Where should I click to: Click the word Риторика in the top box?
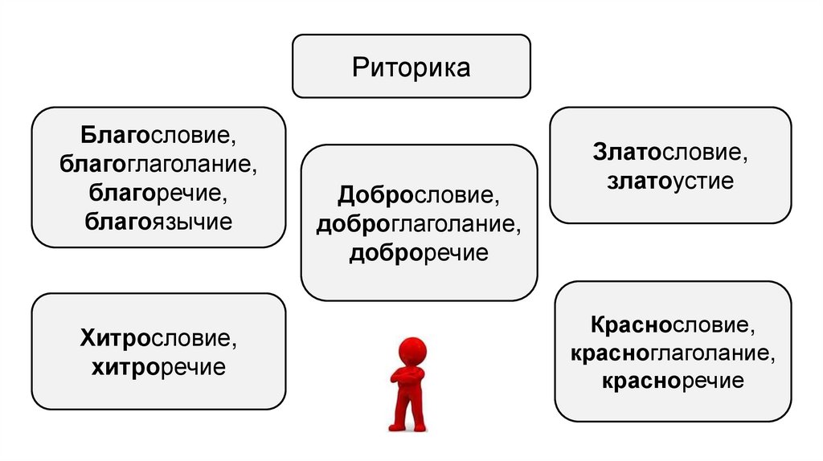pos(411,67)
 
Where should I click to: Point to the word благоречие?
pos(158,193)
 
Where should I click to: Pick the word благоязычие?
pos(158,221)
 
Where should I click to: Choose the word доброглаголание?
pos(418,225)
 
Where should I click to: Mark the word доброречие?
pos(418,254)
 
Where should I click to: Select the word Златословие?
pos(666,151)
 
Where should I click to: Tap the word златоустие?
pos(670,181)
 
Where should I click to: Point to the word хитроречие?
pos(158,368)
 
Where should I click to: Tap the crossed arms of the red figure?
pos(409,377)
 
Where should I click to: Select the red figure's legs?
pos(408,410)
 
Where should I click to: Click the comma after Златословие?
pos(743,157)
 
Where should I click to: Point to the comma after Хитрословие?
pos(235,345)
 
